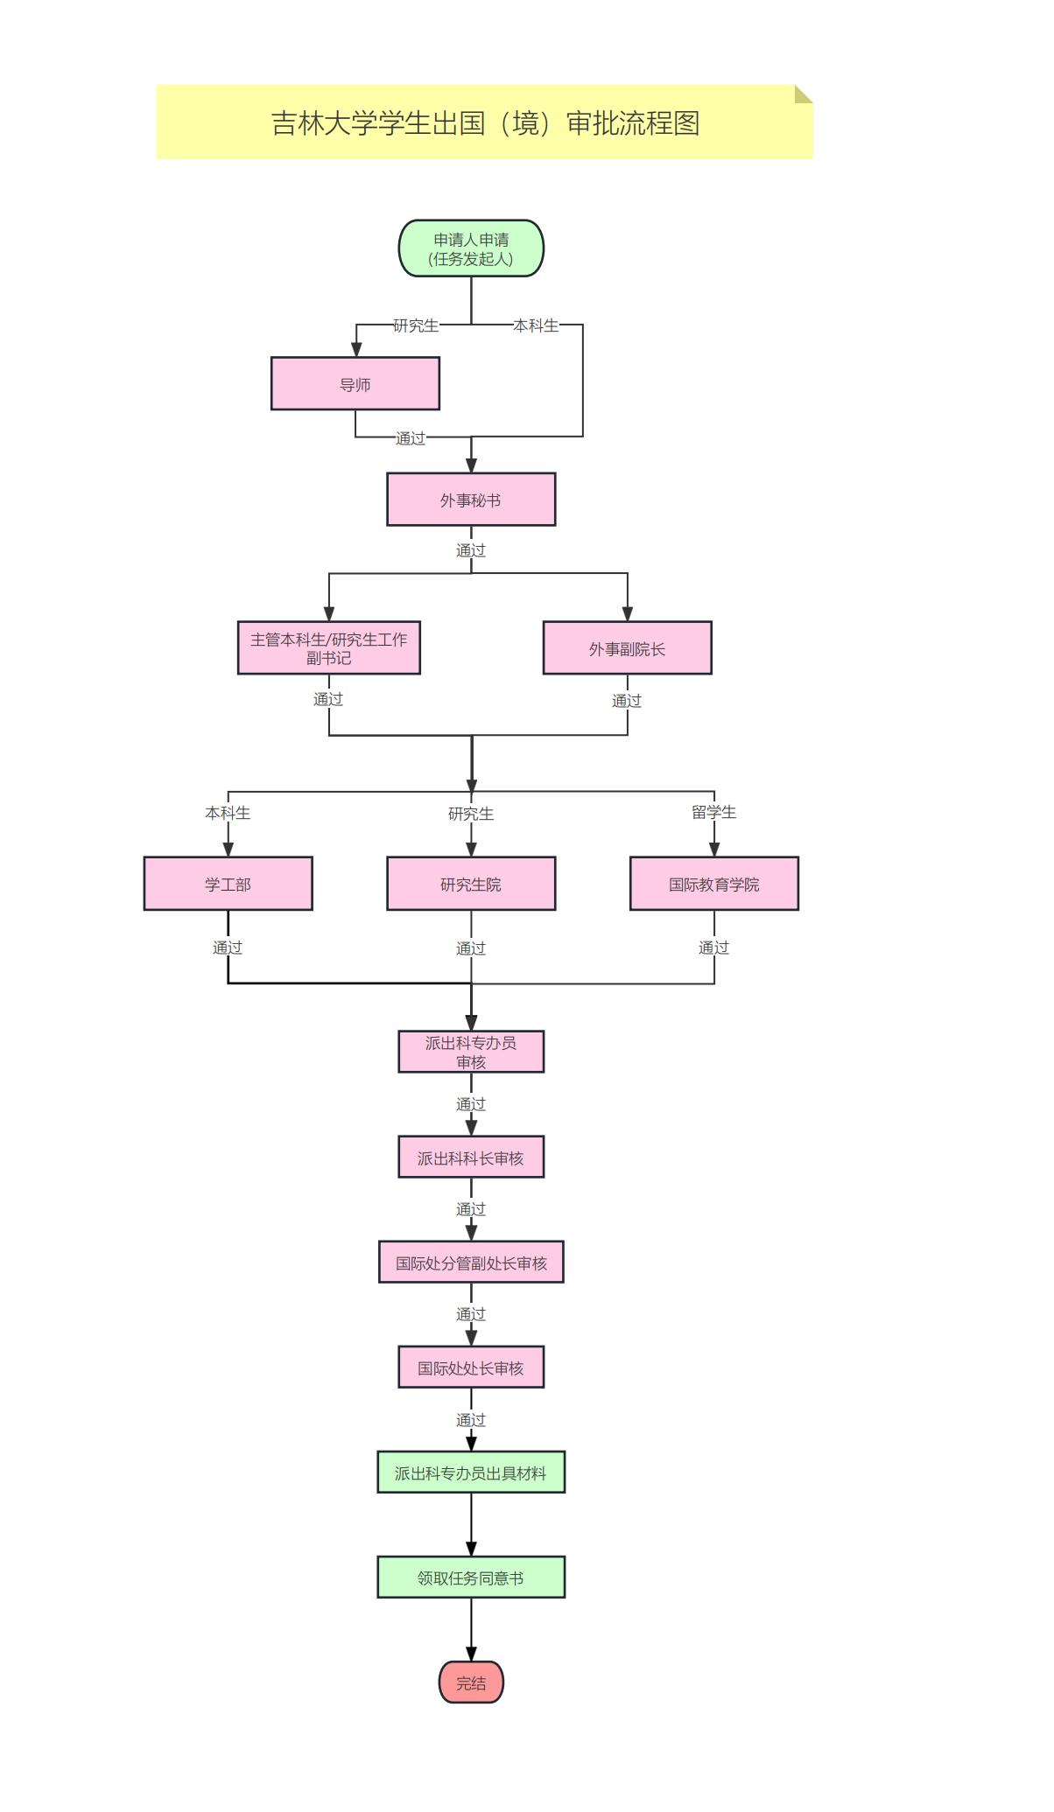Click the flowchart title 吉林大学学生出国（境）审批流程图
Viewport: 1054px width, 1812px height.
coord(485,122)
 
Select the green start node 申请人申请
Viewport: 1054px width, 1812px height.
coord(471,248)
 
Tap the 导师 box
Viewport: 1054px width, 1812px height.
coord(355,384)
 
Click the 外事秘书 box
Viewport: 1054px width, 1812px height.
coord(471,500)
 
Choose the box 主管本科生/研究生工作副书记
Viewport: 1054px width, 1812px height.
coord(329,648)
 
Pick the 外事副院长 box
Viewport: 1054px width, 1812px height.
coord(627,648)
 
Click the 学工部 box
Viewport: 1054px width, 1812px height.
coord(228,884)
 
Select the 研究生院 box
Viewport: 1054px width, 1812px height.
coord(471,884)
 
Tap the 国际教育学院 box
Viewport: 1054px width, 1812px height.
coord(714,884)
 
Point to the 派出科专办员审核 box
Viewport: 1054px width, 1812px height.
coord(471,1052)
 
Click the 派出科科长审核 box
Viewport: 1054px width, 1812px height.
coord(471,1158)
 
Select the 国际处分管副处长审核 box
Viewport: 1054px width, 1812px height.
coord(471,1263)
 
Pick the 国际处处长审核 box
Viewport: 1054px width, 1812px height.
coord(471,1368)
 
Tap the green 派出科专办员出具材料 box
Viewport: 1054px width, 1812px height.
coord(471,1473)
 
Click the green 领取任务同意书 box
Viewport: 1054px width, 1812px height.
coord(471,1578)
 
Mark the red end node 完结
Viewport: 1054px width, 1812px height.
coord(471,1683)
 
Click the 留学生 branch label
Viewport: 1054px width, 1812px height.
coord(714,812)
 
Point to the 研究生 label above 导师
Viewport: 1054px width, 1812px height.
coord(416,325)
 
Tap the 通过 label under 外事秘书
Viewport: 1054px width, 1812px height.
coord(471,550)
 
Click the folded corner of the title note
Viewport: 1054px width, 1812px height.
coord(803,94)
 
